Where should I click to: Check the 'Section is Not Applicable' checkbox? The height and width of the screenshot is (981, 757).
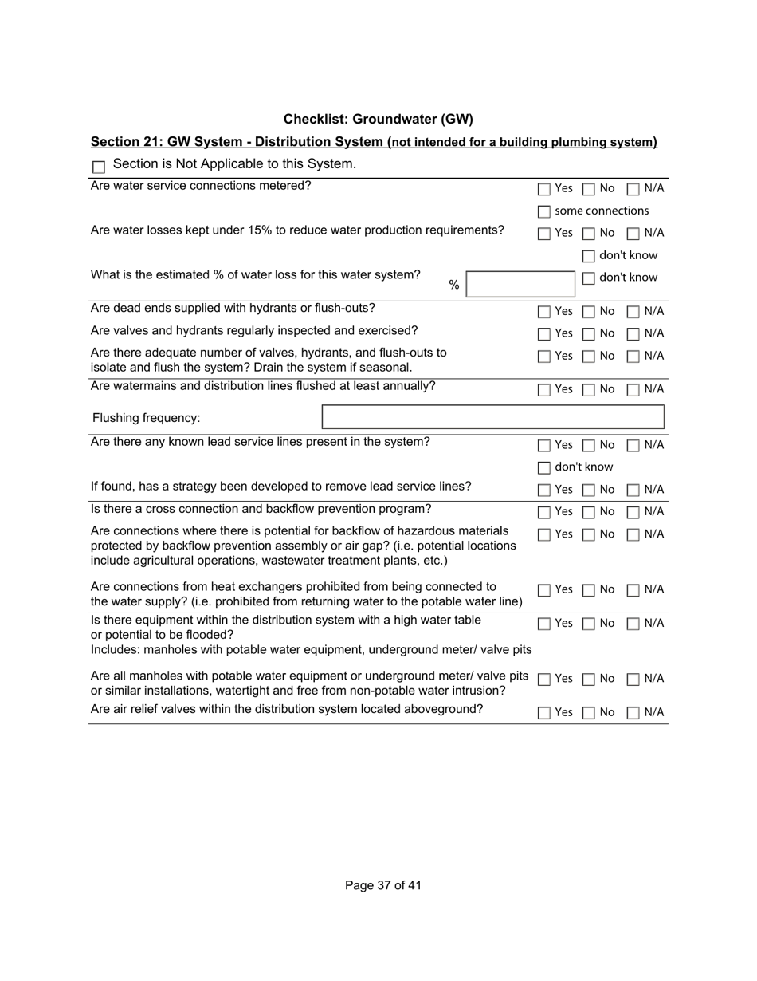coord(100,167)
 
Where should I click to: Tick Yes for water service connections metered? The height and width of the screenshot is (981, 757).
coord(544,190)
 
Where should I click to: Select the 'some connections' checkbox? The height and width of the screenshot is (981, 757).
coord(544,212)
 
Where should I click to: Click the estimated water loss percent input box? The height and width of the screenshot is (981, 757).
coord(520,285)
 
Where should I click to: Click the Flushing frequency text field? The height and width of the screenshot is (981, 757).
coord(492,418)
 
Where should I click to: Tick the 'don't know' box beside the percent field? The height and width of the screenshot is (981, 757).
coord(589,278)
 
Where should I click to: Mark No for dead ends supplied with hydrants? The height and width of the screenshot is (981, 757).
coord(589,312)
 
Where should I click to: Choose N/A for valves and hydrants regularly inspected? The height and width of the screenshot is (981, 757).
coord(633,334)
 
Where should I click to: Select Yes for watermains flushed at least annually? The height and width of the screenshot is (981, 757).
coord(544,391)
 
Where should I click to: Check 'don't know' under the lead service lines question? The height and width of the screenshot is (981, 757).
coord(544,468)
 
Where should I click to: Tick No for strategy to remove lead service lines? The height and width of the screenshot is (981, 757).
coord(589,490)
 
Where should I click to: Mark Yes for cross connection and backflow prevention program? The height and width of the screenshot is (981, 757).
coord(544,513)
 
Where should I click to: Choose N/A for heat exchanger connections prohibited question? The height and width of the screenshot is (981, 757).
coord(633,591)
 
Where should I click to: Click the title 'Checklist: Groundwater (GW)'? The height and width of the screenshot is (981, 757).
coord(378,120)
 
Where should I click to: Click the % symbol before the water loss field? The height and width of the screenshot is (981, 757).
coord(454,286)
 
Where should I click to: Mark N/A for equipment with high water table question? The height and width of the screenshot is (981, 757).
coord(633,624)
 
